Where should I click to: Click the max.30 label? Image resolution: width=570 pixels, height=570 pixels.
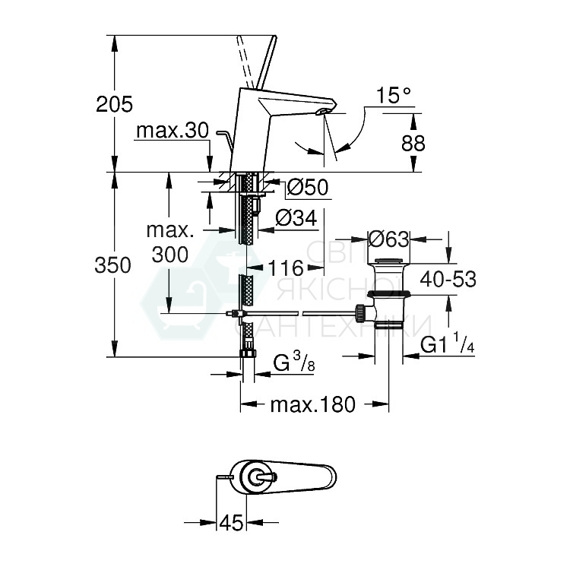172,131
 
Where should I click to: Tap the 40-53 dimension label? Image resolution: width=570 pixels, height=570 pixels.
449,280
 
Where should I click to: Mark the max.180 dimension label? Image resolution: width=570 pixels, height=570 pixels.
313,405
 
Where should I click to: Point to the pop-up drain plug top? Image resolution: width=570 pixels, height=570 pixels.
389,263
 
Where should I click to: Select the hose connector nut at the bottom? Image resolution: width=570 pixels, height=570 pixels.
247,353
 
